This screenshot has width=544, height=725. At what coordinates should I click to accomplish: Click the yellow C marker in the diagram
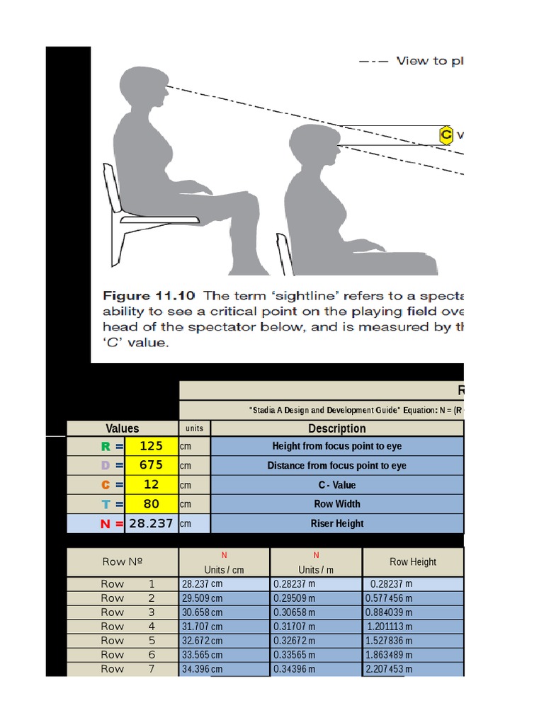[x=446, y=135]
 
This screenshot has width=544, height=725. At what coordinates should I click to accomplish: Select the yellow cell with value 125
[x=152, y=446]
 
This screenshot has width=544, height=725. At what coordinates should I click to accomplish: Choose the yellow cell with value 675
[x=152, y=465]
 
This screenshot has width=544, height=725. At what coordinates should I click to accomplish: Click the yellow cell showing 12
[x=152, y=484]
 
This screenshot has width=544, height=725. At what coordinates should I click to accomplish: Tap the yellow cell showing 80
[x=152, y=504]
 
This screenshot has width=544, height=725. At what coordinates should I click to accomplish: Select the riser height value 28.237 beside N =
[x=152, y=523]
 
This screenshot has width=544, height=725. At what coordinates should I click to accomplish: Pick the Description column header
[x=337, y=428]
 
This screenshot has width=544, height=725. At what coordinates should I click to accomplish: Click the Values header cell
[x=123, y=428]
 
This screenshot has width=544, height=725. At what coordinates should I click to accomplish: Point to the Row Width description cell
[x=337, y=504]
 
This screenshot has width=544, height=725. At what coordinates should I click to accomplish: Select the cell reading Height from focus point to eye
[x=337, y=446]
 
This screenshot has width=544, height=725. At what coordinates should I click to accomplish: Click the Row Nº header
[x=123, y=562]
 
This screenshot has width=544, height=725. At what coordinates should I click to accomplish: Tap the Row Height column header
[x=413, y=562]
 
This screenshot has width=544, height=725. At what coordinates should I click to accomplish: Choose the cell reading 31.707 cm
[x=224, y=627]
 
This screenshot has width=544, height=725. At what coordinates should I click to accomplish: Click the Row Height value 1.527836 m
[x=413, y=641]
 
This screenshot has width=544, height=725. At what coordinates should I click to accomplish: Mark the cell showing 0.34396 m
[x=316, y=669]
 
